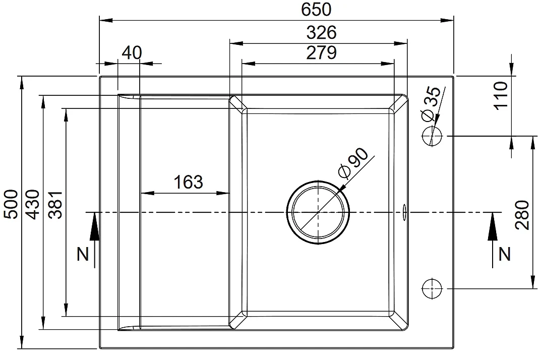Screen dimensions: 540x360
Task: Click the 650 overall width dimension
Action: coord(316,9)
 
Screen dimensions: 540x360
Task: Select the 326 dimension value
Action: coord(321,33)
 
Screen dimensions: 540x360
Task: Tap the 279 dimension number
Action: coord(321,53)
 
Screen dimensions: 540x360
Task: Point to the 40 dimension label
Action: coord(132,53)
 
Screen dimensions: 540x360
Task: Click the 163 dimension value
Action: coord(188,182)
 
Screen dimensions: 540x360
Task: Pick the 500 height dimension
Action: coord(11,204)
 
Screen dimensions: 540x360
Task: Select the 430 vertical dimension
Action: coord(33,204)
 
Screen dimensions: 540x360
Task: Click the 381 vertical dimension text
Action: coord(55,204)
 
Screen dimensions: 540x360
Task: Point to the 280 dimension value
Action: coord(522,215)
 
